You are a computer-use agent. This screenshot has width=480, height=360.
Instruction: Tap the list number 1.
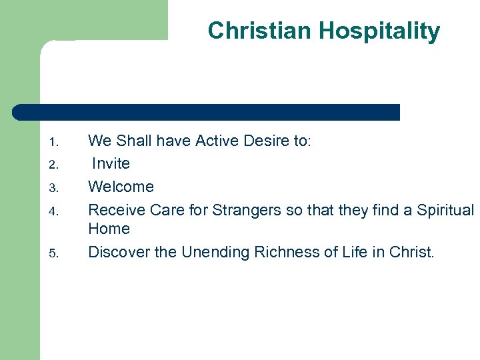click(55, 142)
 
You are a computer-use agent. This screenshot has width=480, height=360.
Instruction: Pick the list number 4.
click(55, 211)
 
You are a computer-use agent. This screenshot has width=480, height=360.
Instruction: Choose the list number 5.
click(55, 253)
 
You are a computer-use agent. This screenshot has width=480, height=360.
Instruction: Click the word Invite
click(111, 163)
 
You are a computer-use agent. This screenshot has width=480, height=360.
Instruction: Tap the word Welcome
click(121, 187)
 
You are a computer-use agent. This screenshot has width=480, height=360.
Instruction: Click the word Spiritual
click(445, 210)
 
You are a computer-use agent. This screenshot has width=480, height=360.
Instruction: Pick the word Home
click(109, 229)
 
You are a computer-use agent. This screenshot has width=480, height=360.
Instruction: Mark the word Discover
click(118, 252)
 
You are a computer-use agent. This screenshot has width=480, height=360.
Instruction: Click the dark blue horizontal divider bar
click(207, 112)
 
